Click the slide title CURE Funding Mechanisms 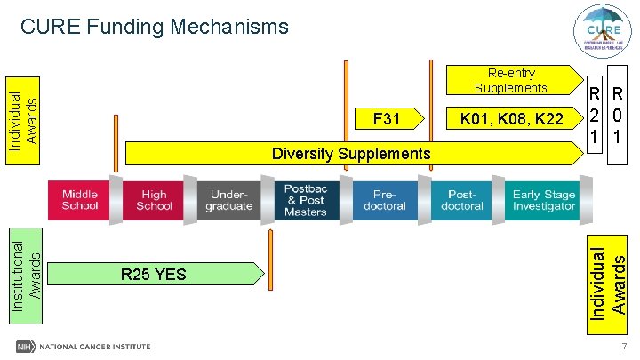click(x=155, y=28)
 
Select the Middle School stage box click(x=80, y=200)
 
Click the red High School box click(x=154, y=200)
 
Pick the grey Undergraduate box click(x=228, y=200)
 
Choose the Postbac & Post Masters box click(x=305, y=200)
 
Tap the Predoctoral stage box click(x=384, y=200)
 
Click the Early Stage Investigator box click(x=542, y=200)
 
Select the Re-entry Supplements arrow click(x=510, y=80)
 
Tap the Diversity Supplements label click(x=350, y=154)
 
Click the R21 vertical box click(x=592, y=115)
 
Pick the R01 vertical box click(x=616, y=115)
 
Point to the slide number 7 click(x=625, y=347)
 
